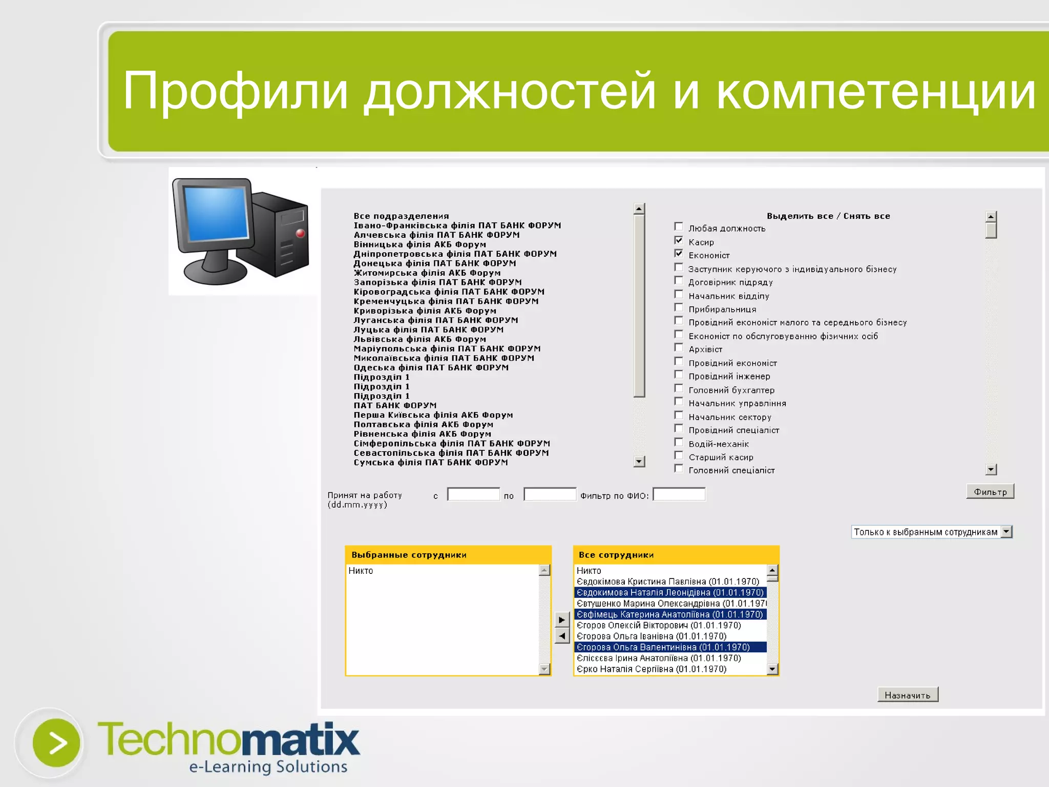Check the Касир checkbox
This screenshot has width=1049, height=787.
point(679,240)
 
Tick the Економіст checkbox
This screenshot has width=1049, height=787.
point(679,254)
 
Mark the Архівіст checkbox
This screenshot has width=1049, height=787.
point(679,348)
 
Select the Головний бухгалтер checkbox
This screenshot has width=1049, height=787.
point(679,388)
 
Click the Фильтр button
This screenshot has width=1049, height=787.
point(990,492)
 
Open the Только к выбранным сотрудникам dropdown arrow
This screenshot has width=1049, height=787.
point(1006,532)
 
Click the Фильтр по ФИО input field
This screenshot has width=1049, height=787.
point(679,494)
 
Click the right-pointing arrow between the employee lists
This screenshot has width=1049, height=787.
point(562,620)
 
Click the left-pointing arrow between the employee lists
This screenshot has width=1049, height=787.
point(562,636)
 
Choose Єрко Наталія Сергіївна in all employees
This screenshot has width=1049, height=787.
point(651,669)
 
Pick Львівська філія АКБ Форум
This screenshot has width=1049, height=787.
point(419,339)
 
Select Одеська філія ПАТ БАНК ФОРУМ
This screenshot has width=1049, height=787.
point(431,367)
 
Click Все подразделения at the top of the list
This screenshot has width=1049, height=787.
point(401,216)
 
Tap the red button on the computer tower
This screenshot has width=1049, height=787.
point(301,234)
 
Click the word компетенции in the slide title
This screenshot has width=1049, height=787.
point(876,91)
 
